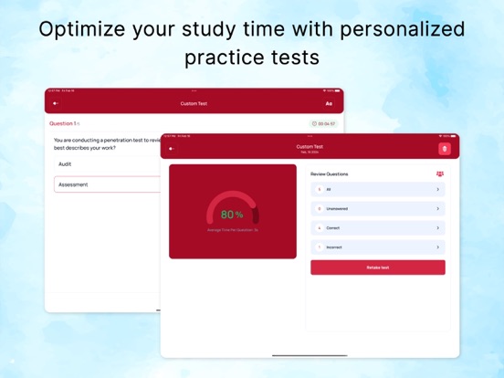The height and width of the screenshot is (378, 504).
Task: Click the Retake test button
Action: (x=378, y=268)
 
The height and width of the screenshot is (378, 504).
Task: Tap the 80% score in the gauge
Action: (x=232, y=215)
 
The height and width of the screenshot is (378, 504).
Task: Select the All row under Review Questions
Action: (x=378, y=189)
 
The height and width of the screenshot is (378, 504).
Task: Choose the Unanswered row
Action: (x=378, y=208)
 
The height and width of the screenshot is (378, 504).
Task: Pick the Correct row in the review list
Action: (x=378, y=227)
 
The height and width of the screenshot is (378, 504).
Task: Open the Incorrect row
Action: (x=378, y=247)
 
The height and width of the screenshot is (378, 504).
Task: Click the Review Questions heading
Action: (x=330, y=173)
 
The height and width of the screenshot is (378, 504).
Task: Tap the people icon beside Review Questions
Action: (x=440, y=173)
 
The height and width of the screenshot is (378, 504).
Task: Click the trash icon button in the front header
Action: (x=445, y=149)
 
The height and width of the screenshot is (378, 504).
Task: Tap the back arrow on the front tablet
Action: (x=173, y=149)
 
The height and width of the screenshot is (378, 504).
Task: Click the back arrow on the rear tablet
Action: (x=57, y=104)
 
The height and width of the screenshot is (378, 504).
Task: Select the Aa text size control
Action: (x=329, y=104)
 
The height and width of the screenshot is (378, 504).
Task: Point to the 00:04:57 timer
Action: (x=324, y=123)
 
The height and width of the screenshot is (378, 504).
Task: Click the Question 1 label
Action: (x=64, y=123)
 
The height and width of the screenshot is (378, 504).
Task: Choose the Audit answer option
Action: (x=66, y=164)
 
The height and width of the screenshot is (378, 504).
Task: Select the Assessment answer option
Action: (x=73, y=184)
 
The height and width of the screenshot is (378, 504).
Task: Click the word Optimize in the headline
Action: (x=82, y=28)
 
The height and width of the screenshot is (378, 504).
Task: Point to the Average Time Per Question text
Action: (x=232, y=230)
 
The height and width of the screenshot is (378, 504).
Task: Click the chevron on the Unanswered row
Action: (x=438, y=208)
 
